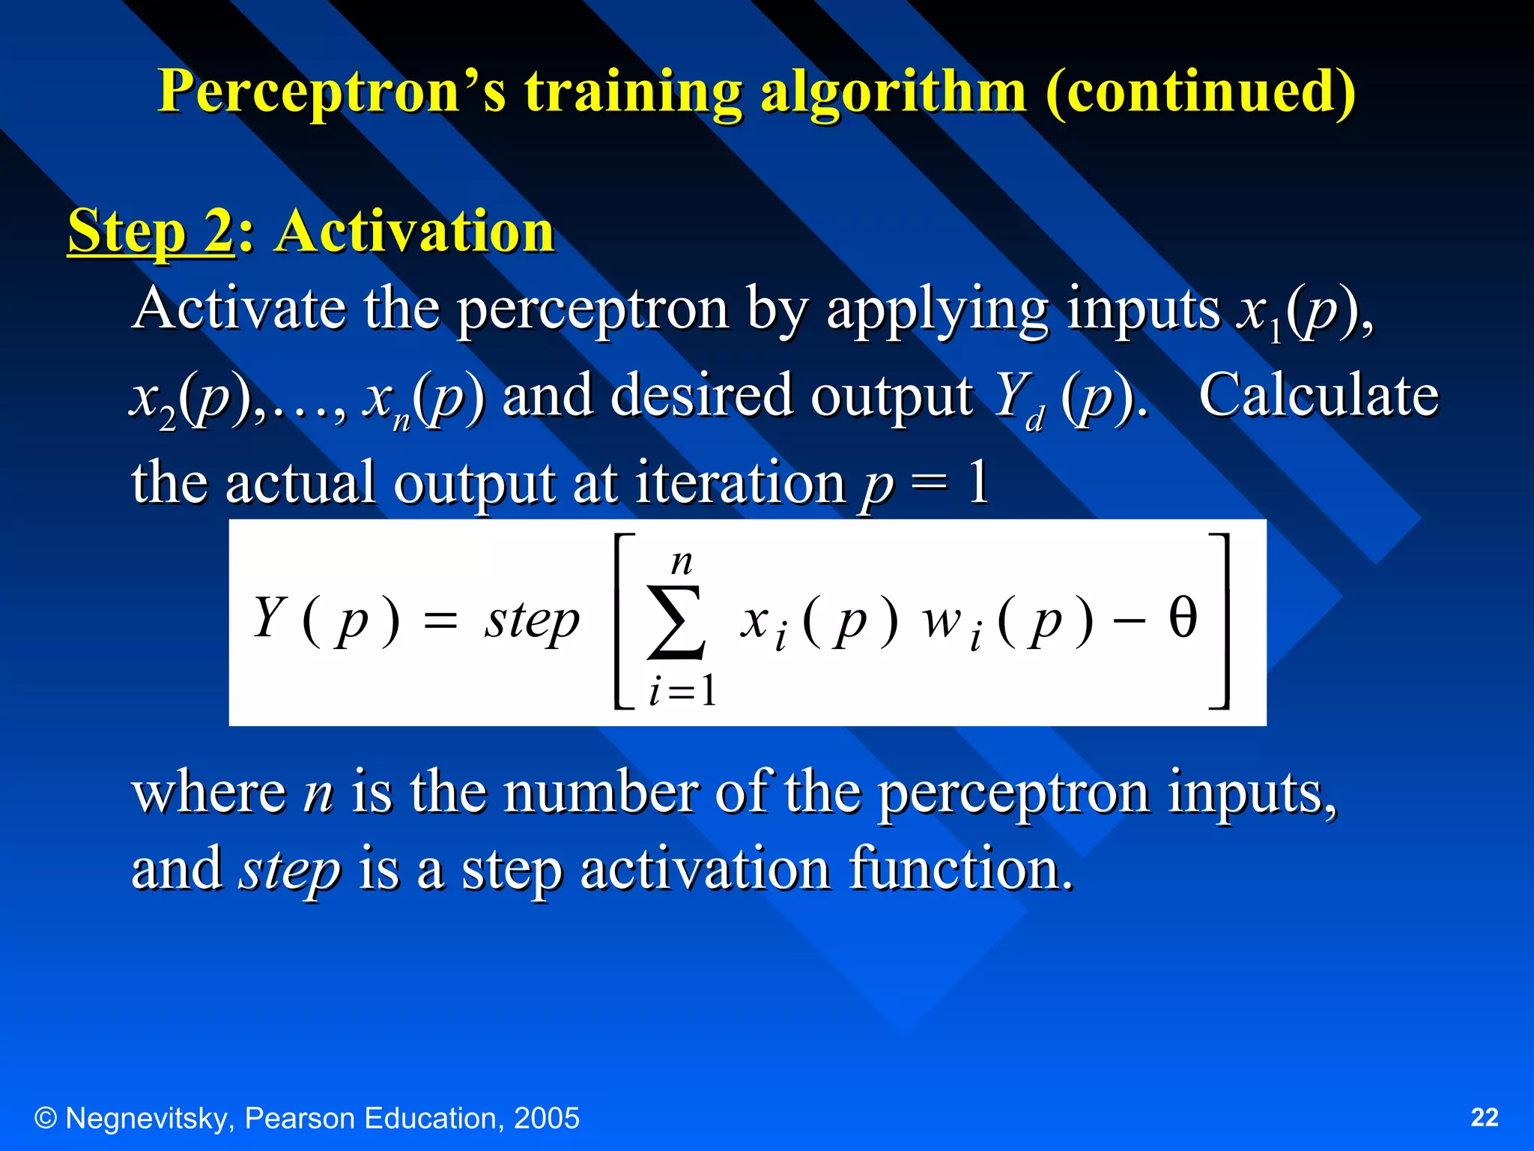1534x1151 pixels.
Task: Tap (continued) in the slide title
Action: coord(1200,91)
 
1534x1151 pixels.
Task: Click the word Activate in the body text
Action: coord(238,308)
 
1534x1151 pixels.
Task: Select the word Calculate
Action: coord(1318,395)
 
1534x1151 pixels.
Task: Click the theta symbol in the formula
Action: coord(1183,619)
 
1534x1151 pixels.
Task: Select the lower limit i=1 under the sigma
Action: coord(682,690)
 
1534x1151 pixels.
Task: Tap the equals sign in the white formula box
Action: coord(440,620)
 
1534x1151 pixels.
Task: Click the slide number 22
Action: coord(1485,1117)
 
